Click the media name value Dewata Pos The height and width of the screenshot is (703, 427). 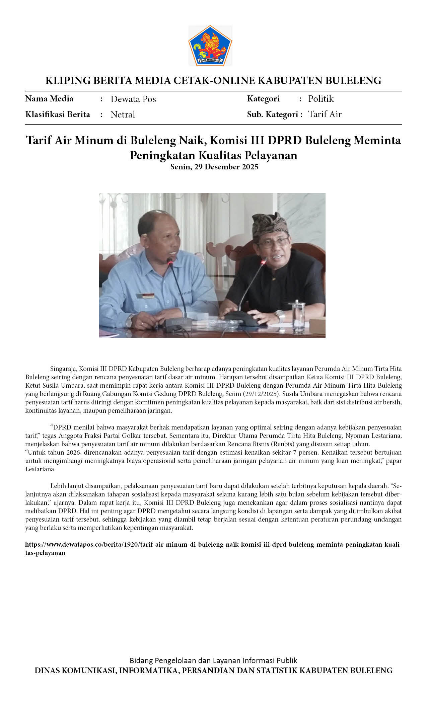pyautogui.click(x=133, y=99)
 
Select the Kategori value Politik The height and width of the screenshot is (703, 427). pyautogui.click(x=321, y=99)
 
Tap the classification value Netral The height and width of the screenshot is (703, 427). pyautogui.click(x=123, y=114)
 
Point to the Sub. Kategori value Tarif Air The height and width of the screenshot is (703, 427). pyautogui.click(x=325, y=114)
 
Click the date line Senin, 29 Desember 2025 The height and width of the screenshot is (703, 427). pyautogui.click(x=214, y=167)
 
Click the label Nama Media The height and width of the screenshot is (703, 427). pyautogui.click(x=49, y=99)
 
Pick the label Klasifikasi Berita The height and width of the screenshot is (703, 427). pyautogui.click(x=58, y=114)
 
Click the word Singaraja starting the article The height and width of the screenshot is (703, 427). pyautogui.click(x=64, y=369)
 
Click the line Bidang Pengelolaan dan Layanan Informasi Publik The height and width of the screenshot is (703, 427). pyautogui.click(x=213, y=660)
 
